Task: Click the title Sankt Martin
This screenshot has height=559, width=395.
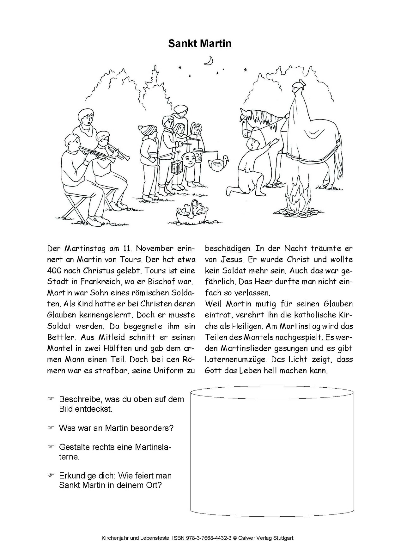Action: (200, 43)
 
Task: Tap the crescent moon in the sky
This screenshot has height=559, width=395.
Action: (209, 61)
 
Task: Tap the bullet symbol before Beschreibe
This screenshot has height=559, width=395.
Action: (51, 399)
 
